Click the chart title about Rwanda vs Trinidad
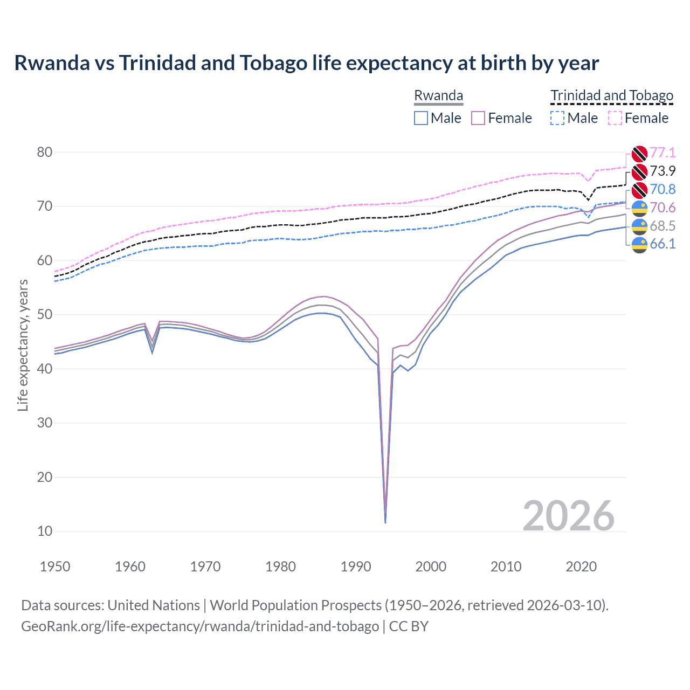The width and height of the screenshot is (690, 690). click(x=306, y=63)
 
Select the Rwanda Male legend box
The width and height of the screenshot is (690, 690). click(x=421, y=118)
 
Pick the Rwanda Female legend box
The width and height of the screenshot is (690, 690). click(x=478, y=118)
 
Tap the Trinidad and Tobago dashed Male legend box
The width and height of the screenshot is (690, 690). click(x=557, y=118)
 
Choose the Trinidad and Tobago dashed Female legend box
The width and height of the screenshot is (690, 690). click(x=615, y=118)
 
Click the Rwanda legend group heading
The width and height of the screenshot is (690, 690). click(x=438, y=96)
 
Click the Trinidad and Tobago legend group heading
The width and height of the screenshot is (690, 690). click(x=612, y=96)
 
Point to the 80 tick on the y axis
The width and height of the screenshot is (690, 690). click(x=45, y=152)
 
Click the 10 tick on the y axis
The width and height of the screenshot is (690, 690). click(x=45, y=531)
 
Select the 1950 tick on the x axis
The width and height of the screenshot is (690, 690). click(x=55, y=567)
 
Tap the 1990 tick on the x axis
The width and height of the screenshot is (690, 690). click(x=356, y=567)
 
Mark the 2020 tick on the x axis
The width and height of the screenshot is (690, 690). click(x=581, y=567)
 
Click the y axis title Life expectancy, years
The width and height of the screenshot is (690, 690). click(x=23, y=345)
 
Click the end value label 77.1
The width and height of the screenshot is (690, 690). click(x=663, y=153)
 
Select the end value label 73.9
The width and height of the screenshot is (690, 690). click(x=663, y=171)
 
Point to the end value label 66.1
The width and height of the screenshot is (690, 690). click(x=663, y=244)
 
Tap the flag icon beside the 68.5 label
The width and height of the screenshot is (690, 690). click(x=639, y=226)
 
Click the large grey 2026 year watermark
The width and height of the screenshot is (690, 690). click(x=568, y=516)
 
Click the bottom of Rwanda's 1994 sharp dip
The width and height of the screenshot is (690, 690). click(x=385, y=522)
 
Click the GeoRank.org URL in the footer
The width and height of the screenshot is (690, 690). click(x=199, y=626)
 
